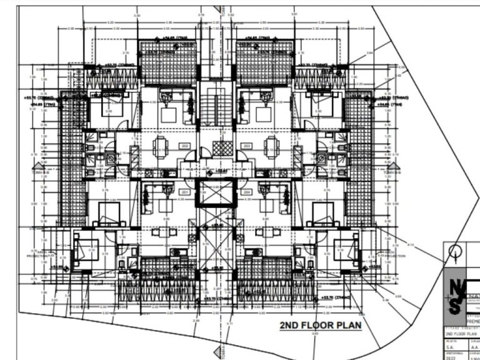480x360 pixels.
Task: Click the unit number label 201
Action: [x=185, y=192]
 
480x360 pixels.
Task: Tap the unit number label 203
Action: [x=247, y=146]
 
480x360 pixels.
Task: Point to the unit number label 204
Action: [x=247, y=192]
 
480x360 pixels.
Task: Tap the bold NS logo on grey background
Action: [x=456, y=296]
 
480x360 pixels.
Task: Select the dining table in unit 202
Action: [x=161, y=148]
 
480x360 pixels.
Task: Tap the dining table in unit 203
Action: [x=271, y=148]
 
